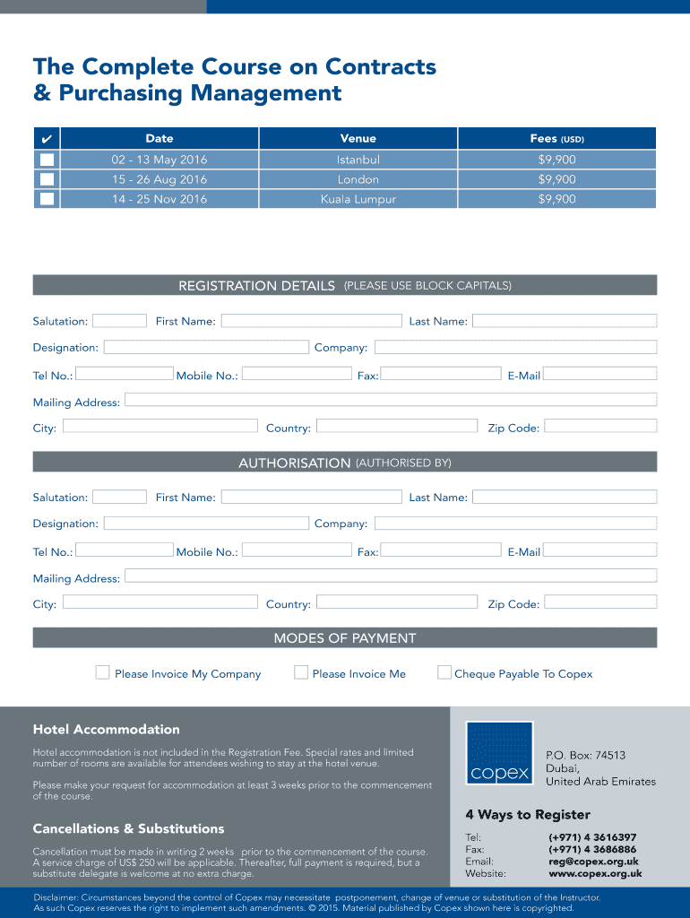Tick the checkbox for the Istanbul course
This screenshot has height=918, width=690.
47,160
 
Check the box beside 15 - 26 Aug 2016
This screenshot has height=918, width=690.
47,179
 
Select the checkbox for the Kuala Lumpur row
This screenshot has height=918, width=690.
47,199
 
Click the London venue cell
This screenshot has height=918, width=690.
358,179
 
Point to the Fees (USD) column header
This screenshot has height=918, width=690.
556,139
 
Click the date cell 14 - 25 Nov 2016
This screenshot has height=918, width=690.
160,199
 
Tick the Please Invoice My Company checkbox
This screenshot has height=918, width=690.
103,672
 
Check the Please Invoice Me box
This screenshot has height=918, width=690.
301,672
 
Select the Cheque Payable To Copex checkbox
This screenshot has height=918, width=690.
444,672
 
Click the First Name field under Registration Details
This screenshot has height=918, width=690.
311,321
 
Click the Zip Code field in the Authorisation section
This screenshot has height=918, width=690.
600,602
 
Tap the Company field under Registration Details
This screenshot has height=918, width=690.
515,347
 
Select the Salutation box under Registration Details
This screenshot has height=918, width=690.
119,321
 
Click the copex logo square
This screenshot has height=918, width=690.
499,753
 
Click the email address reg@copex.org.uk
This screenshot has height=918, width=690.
592,862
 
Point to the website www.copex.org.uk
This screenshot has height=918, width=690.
595,873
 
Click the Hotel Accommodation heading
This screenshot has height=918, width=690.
107,730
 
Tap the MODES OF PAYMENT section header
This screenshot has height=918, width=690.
345,638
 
